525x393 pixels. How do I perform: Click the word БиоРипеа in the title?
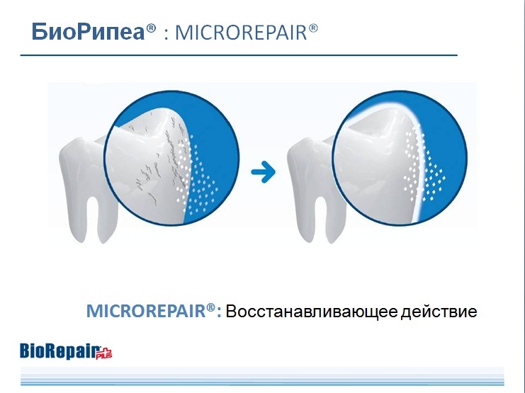(88, 32)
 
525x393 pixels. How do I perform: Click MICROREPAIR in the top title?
(241, 33)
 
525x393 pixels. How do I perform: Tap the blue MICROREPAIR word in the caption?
(146, 311)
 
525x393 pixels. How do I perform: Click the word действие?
(439, 312)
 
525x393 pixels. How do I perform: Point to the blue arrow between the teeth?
(264, 172)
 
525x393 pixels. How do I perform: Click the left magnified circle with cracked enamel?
(171, 158)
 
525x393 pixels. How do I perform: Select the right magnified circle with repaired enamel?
(400, 158)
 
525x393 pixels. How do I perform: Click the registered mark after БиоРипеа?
(151, 28)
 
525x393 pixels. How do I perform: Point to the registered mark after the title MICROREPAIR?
(312, 28)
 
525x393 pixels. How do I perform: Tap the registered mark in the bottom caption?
(210, 307)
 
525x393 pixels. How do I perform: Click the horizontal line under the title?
(239, 55)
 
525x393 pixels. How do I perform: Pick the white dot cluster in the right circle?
(424, 166)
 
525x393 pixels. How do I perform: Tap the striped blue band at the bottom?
(262, 377)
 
